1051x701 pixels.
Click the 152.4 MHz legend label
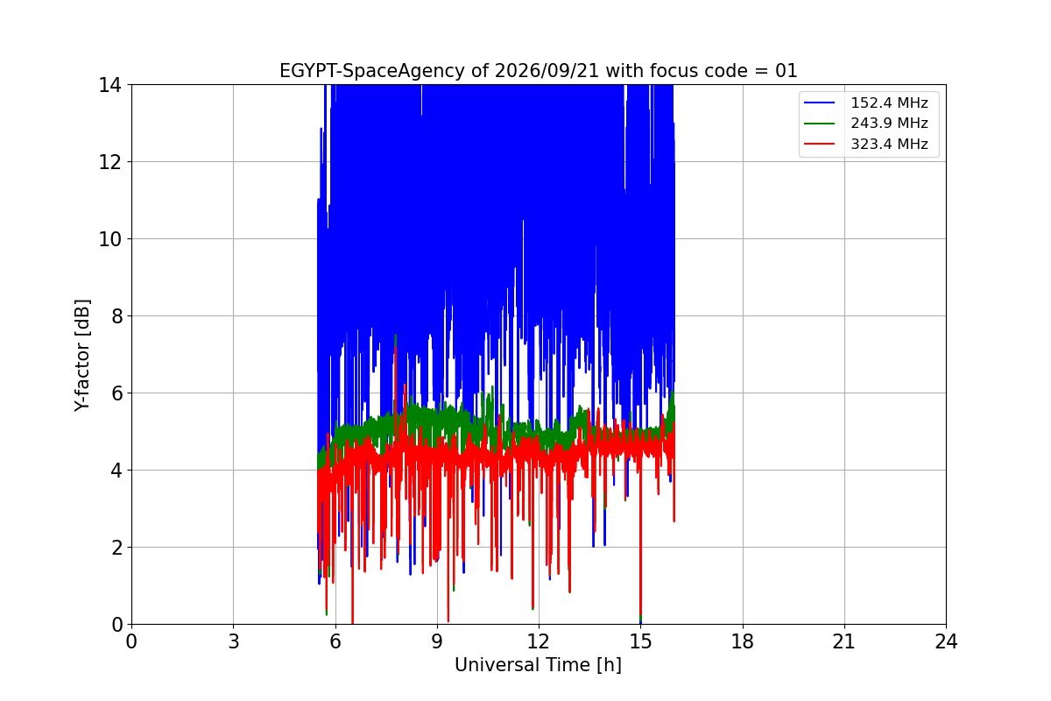tap(889, 103)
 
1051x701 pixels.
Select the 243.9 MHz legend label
tap(889, 123)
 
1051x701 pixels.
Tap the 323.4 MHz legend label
tap(889, 144)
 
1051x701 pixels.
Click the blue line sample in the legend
tap(819, 103)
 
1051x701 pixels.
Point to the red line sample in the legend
tap(819, 144)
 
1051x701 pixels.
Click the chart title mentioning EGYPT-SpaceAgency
tap(538, 71)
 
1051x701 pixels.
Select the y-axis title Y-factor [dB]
tap(82, 356)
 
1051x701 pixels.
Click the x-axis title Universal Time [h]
tap(538, 665)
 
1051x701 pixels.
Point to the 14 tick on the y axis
tap(109, 86)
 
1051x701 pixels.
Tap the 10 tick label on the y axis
tap(109, 239)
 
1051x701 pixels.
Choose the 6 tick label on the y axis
tap(116, 393)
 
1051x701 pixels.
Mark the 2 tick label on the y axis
tap(116, 548)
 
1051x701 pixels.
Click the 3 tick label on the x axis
tap(234, 641)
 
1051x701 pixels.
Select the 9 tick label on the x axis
tap(437, 641)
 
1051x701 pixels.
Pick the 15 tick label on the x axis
tap(641, 641)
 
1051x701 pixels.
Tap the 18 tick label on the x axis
tap(743, 641)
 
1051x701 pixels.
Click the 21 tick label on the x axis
tap(844, 641)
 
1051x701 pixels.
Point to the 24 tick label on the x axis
tap(947, 641)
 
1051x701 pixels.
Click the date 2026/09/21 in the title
tap(547, 71)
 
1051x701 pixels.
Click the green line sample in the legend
tap(819, 123)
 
